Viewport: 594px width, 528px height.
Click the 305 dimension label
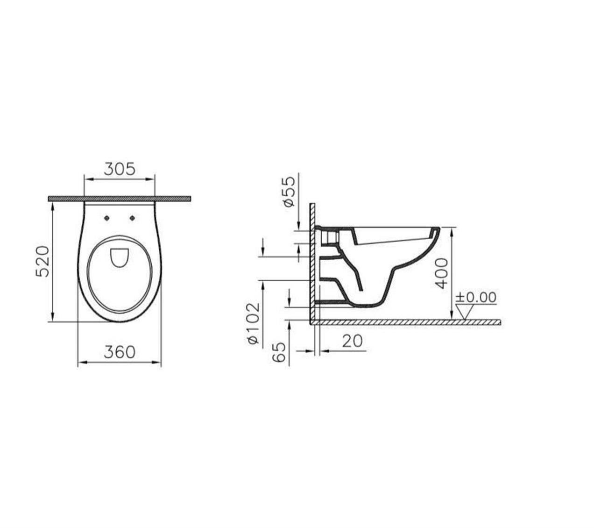pyautogui.click(x=119, y=169)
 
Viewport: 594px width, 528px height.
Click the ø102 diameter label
pyautogui.click(x=253, y=323)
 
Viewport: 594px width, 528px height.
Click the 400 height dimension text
pyautogui.click(x=441, y=273)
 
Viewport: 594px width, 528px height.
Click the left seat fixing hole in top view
pyautogui.click(x=107, y=218)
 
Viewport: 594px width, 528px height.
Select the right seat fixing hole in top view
pyautogui.click(x=132, y=218)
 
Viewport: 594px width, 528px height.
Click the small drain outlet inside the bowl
pyautogui.click(x=120, y=257)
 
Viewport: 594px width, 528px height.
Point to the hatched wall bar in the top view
pyautogui.click(x=119, y=199)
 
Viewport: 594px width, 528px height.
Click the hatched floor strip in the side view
pyautogui.click(x=406, y=322)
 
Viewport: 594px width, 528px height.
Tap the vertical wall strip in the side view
pyautogui.click(x=313, y=262)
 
